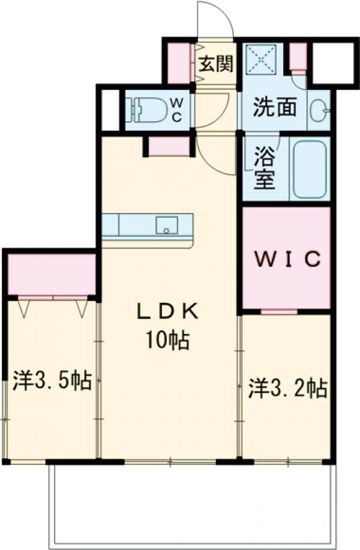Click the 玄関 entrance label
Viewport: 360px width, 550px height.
point(215,64)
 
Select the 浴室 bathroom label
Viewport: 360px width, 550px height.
point(263,170)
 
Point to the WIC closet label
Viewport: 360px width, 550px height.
point(286,259)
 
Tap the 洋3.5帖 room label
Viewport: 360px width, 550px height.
point(52,380)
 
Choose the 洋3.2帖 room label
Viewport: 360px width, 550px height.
point(288,389)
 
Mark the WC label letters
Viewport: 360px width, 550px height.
point(178,110)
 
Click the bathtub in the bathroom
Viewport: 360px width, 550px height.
point(310,169)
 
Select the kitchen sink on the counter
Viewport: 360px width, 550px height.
point(167,226)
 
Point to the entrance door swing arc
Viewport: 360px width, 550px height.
point(217,18)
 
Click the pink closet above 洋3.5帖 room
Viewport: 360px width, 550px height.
point(52,275)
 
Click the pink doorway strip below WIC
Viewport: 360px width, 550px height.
point(279,311)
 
